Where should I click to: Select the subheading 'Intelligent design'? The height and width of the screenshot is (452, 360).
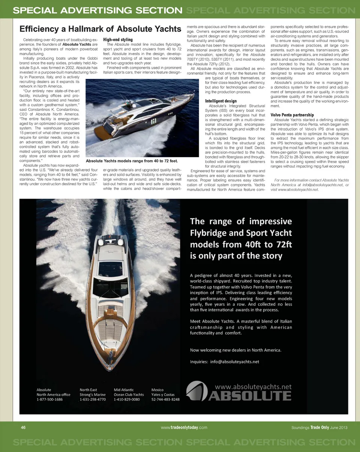click(221, 101)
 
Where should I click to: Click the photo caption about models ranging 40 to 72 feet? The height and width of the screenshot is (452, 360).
click(131, 161)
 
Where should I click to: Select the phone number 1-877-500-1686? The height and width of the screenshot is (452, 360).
click(49, 399)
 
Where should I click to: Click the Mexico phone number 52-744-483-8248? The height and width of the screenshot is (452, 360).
click(165, 399)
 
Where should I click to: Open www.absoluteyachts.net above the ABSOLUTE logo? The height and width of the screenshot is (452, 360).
click(253, 387)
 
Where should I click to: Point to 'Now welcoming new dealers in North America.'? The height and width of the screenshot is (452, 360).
click(235, 350)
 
